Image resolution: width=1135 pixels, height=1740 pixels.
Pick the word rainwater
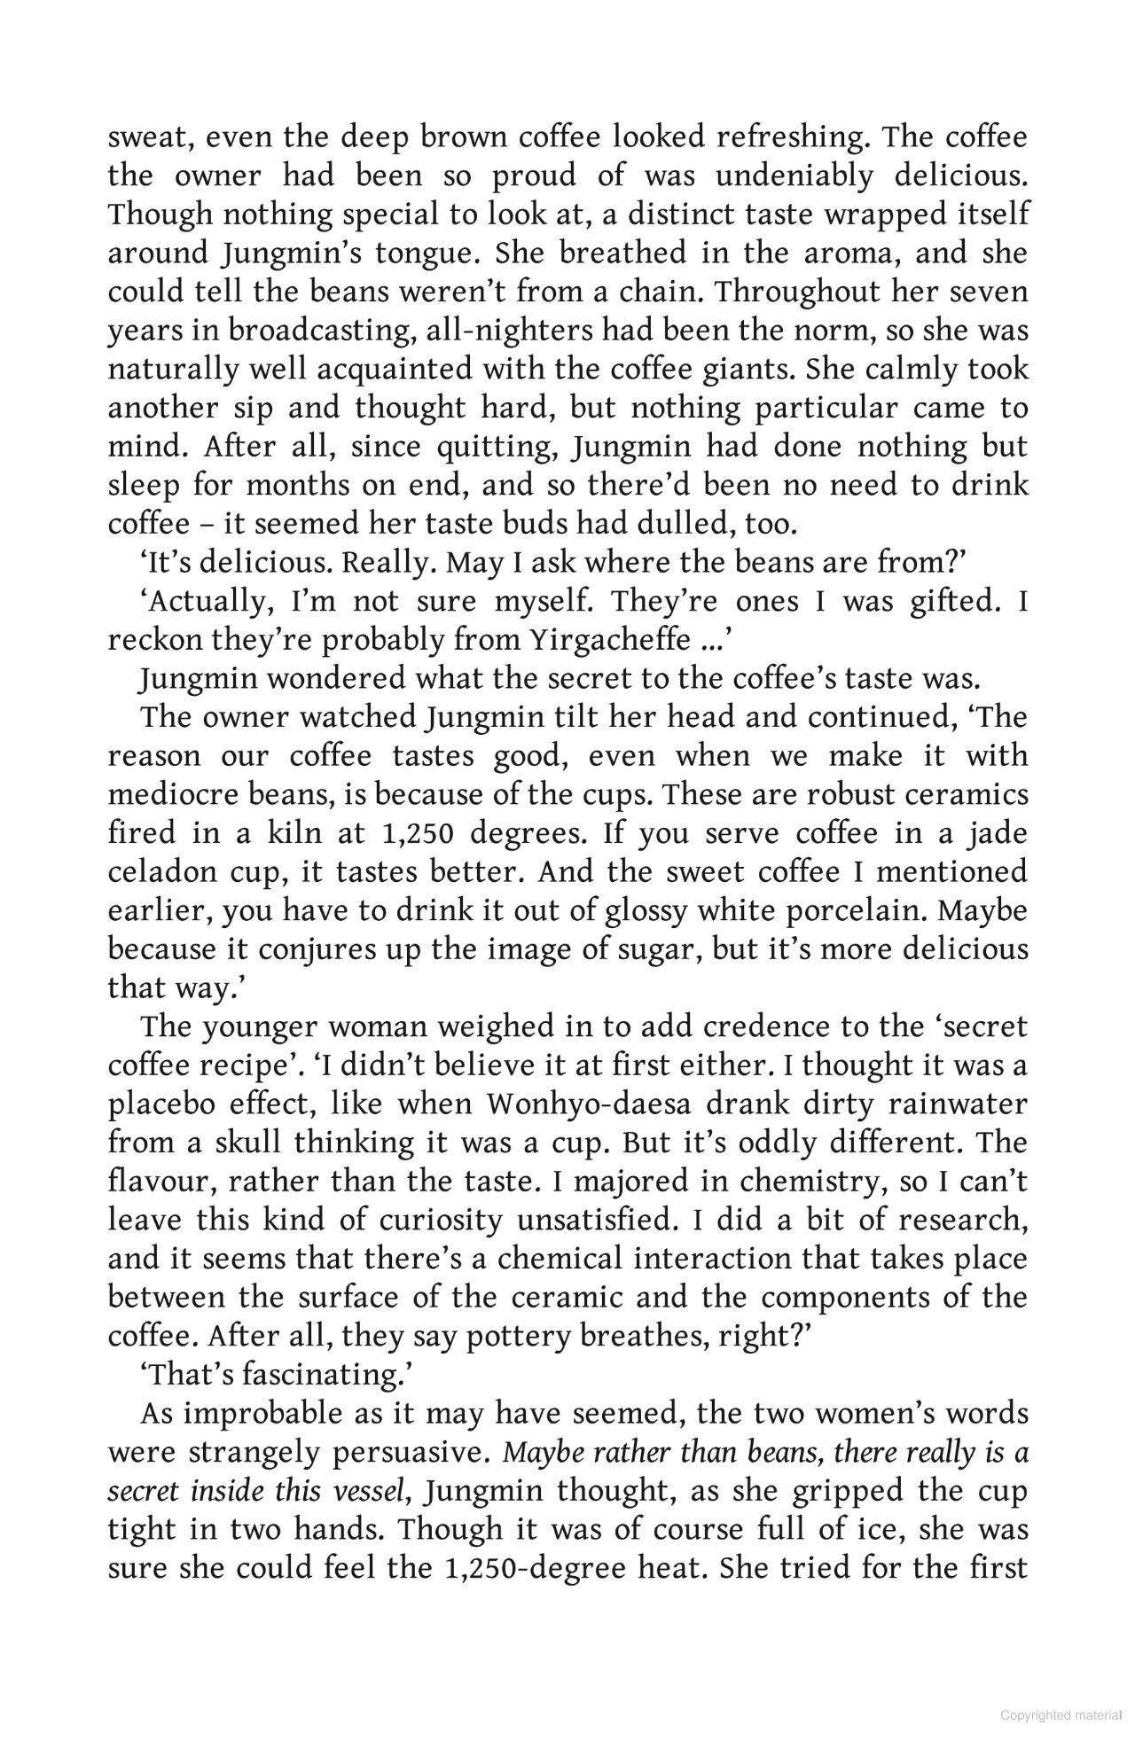click(958, 1104)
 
